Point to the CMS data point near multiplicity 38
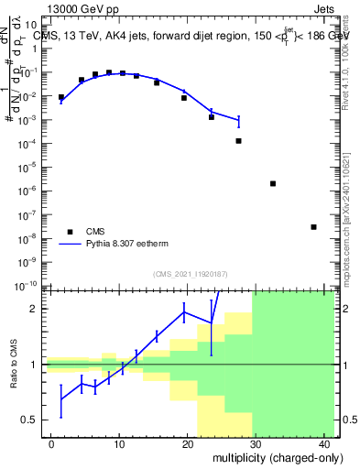313,227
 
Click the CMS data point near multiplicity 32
273,183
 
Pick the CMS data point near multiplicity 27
239,141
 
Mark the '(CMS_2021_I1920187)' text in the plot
190,273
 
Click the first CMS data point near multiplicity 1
61,97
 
